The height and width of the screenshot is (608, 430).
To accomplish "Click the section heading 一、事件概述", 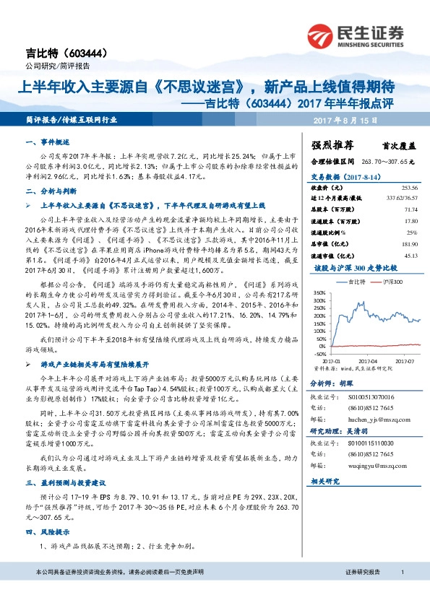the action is tap(46, 142).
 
